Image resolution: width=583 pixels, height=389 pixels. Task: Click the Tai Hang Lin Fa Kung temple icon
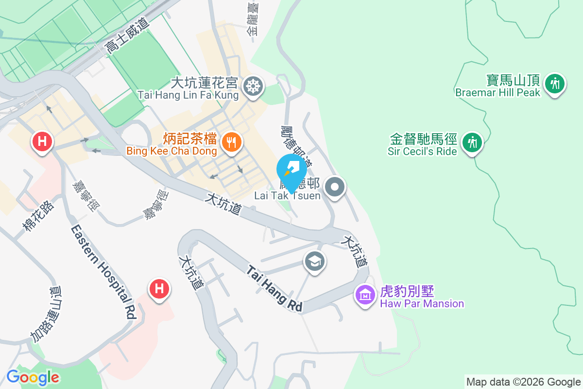click(253, 87)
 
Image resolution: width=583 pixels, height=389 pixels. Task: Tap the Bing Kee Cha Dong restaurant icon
click(230, 142)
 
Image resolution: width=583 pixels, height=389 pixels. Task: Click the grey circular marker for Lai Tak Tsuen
click(335, 187)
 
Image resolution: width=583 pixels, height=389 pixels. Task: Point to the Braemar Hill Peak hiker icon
click(554, 84)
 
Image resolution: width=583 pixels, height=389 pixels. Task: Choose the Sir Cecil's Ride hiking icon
click(471, 142)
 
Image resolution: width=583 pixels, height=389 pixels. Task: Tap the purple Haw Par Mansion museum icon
click(365, 294)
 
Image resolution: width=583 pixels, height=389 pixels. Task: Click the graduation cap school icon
click(315, 262)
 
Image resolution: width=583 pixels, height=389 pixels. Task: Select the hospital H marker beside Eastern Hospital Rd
click(159, 289)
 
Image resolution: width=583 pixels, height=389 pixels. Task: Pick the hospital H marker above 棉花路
click(42, 142)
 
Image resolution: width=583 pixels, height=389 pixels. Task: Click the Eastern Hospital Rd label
click(103, 272)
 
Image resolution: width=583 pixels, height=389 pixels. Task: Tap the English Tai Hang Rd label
click(274, 288)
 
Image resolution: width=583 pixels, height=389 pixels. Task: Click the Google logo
click(33, 377)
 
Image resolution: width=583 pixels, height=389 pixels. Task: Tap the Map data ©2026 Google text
click(523, 382)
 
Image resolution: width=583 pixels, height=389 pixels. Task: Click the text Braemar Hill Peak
click(497, 92)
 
